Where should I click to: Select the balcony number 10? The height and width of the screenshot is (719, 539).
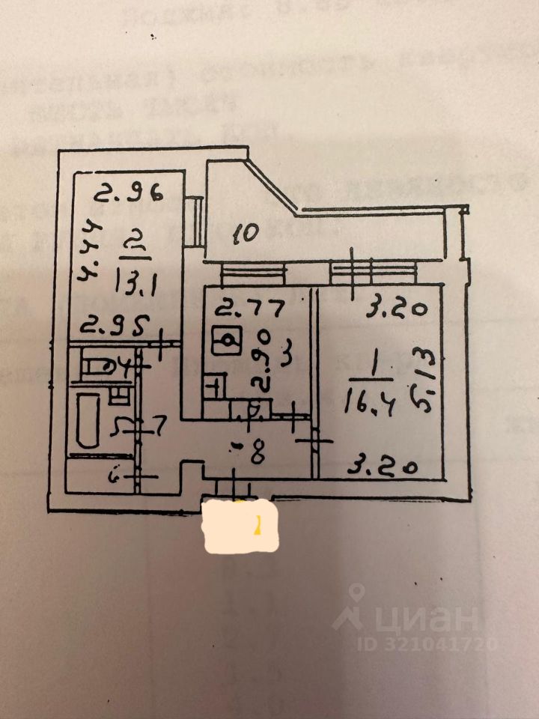245,233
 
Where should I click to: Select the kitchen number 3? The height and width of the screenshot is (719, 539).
284,351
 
